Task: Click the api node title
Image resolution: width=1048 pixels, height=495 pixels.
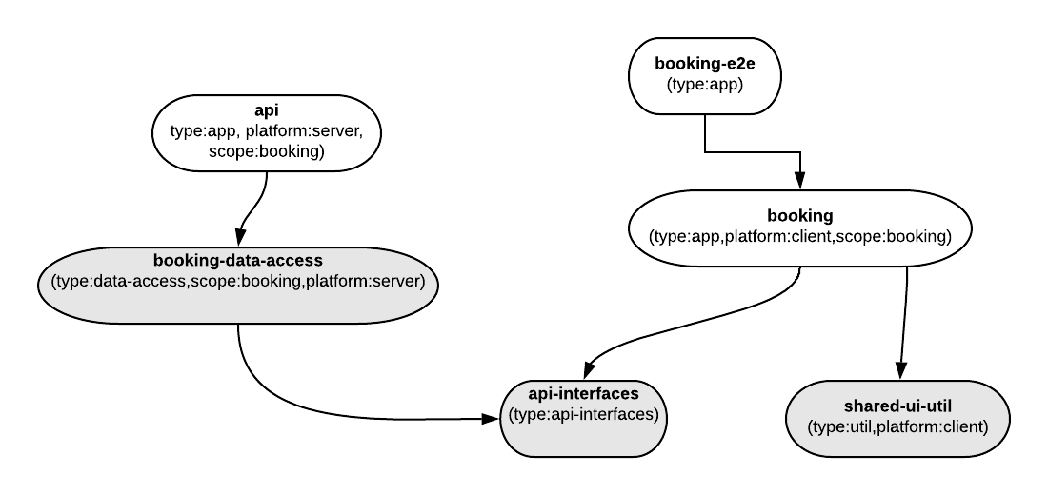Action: tap(267, 111)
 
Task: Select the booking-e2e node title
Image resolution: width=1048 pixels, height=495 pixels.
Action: tap(704, 64)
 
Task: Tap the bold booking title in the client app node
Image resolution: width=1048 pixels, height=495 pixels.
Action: tap(799, 216)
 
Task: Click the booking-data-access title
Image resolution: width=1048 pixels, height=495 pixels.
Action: tap(237, 260)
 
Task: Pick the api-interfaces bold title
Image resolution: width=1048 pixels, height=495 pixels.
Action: tap(583, 392)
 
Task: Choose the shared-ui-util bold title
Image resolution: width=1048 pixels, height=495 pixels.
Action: tap(897, 406)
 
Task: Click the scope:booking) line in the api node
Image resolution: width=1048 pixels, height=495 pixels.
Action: tap(267, 150)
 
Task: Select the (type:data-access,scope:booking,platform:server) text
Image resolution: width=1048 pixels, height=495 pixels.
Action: tap(237, 281)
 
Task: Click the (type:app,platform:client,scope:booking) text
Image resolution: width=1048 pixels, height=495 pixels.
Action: tap(799, 236)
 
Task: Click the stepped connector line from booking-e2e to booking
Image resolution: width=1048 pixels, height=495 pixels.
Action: tap(753, 150)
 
